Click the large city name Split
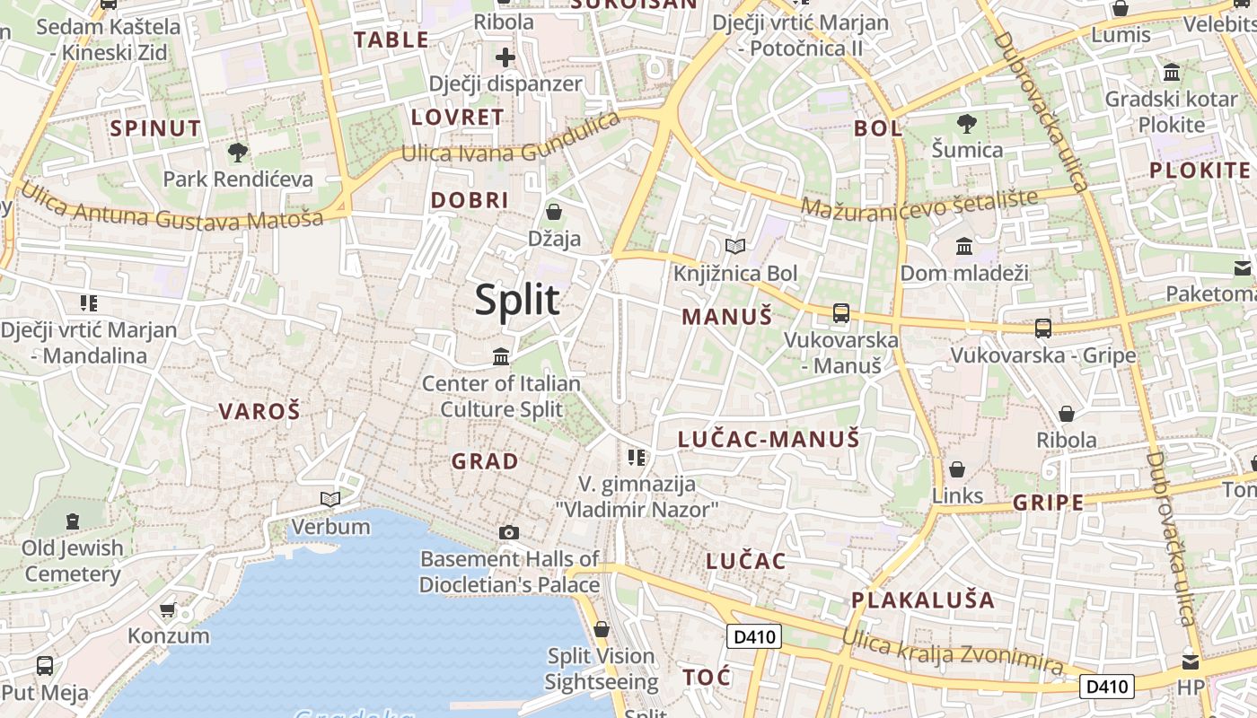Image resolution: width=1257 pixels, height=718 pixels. tap(517, 300)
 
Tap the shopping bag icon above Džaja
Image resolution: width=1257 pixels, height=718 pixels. tap(554, 212)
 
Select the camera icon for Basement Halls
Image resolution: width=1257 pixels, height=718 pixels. tap(509, 532)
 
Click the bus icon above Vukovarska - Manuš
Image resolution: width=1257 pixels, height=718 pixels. tap(840, 313)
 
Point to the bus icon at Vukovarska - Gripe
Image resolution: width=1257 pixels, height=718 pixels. tap(1042, 328)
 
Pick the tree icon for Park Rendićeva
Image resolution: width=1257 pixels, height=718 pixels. tap(238, 152)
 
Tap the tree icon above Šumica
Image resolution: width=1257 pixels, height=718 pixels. tap(967, 123)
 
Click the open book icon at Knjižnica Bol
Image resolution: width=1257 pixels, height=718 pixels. tap(735, 246)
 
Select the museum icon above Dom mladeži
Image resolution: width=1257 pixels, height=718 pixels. tap(964, 245)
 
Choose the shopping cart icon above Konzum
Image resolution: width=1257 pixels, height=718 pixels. tap(168, 610)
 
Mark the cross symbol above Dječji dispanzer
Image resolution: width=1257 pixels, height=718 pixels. tap(505, 57)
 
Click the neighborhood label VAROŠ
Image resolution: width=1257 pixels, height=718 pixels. tap(259, 412)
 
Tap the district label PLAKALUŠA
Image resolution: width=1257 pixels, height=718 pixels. tap(923, 600)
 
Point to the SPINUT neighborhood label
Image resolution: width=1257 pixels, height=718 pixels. tap(155, 128)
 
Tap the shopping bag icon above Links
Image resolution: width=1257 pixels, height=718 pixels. tap(957, 469)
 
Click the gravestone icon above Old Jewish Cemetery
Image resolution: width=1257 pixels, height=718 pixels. tap(72, 521)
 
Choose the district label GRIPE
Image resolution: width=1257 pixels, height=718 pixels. tap(1049, 503)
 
